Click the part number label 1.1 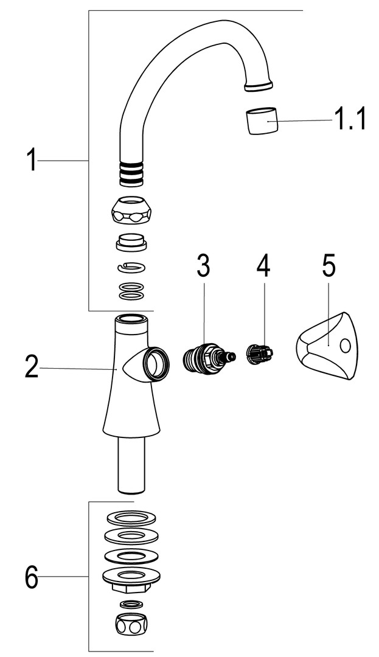click(350, 119)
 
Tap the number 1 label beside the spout click(32, 161)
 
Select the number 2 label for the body click(32, 367)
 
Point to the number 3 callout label click(203, 265)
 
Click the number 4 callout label click(263, 265)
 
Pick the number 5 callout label click(329, 265)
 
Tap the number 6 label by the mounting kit click(32, 576)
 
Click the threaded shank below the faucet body click(130, 465)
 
